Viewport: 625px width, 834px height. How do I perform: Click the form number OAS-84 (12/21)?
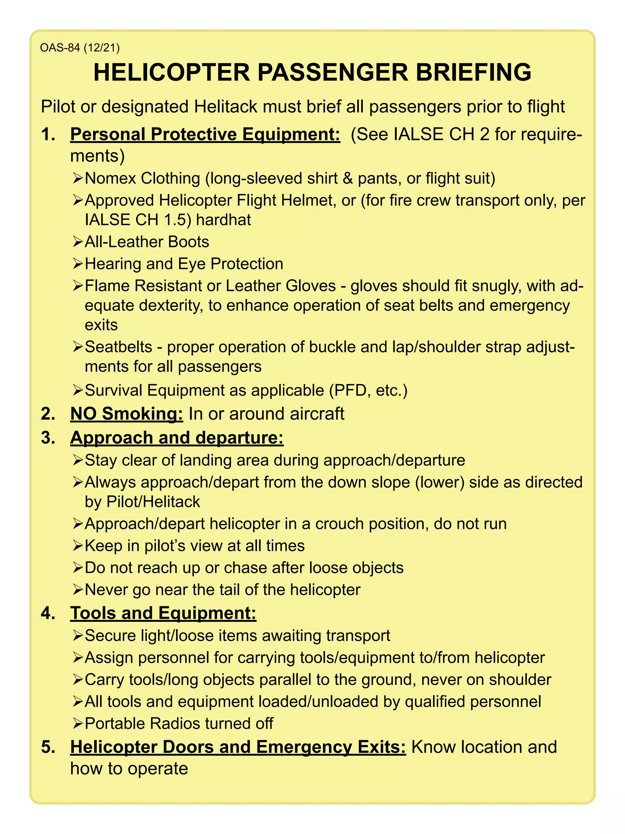80,48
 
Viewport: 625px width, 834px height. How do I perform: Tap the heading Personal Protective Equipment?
205,135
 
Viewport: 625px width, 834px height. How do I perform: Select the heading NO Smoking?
127,413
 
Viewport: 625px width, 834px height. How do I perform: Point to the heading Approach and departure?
177,438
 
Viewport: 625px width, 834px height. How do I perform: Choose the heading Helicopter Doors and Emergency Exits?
238,747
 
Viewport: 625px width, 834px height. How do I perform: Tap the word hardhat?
223,220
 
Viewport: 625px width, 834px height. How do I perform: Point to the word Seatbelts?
118,347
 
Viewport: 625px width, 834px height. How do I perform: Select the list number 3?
48,438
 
